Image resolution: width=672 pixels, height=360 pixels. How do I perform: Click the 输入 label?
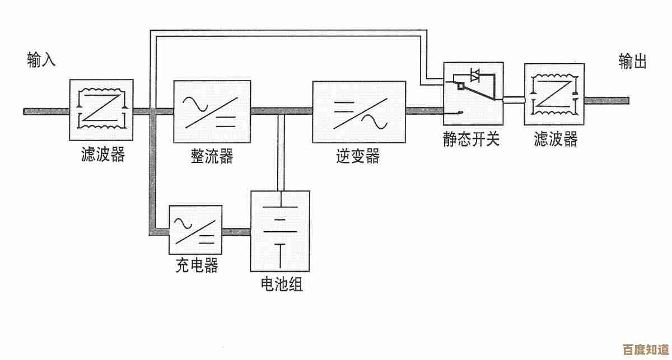pos(41,60)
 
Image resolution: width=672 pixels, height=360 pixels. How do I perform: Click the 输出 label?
pos(633,62)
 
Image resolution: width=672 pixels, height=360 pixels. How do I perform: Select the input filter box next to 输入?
pos(101,110)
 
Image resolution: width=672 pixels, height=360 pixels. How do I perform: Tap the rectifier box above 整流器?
pos(212,112)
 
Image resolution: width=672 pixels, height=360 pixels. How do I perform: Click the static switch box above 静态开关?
pos(473,93)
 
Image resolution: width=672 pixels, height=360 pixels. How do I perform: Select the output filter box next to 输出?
pos(554,94)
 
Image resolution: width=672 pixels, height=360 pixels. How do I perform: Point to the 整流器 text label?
pos(212,156)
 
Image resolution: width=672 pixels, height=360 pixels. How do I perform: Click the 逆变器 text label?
pos(358,156)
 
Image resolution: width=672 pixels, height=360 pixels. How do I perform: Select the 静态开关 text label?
pos(471,139)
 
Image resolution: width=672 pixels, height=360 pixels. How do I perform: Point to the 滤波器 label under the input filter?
pos(102,155)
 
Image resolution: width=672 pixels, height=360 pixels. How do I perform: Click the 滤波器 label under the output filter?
pos(555,139)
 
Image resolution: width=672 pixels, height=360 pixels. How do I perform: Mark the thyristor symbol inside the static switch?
pos(475,74)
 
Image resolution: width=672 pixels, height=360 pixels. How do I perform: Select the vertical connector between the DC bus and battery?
pos(281,151)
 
